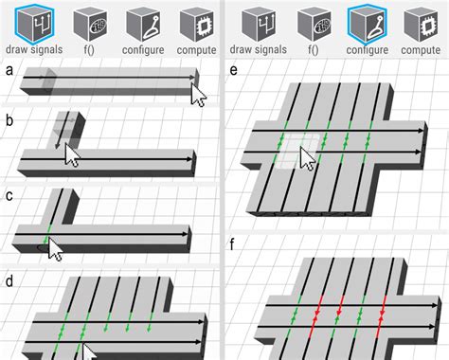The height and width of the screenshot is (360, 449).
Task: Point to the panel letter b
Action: (x=9, y=120)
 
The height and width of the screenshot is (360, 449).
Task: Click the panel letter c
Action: (x=9, y=196)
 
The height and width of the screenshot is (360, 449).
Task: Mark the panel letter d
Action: (x=9, y=282)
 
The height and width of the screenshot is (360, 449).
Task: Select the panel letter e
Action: (x=234, y=69)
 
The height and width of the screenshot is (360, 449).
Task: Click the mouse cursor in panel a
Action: (x=199, y=95)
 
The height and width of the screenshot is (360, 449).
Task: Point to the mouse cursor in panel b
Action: (x=72, y=154)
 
